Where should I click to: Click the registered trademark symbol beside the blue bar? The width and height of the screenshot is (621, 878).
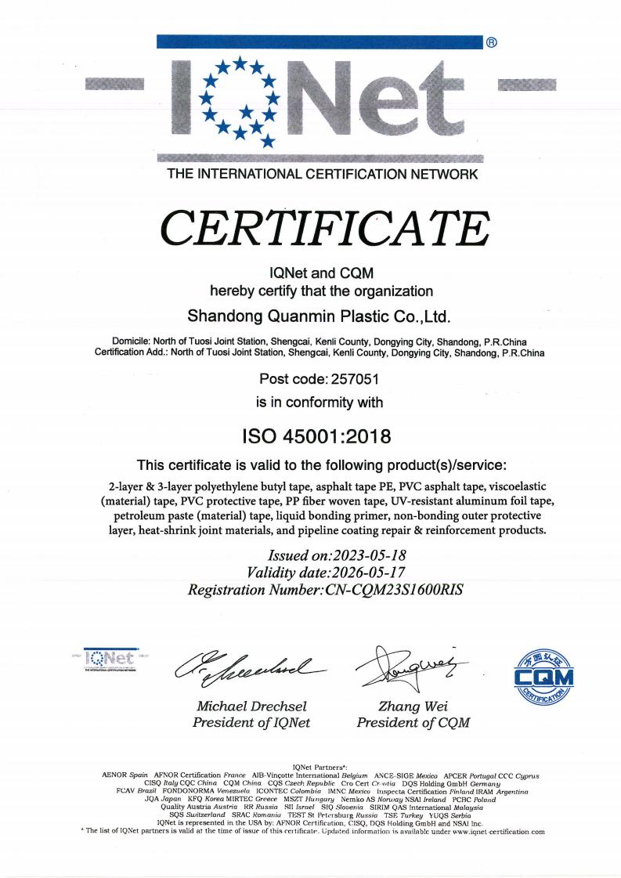pos(491,42)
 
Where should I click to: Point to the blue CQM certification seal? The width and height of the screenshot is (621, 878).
pos(543,673)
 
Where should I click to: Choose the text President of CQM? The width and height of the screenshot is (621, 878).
pos(413,722)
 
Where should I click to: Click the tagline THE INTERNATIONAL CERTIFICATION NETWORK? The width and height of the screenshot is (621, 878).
pos(322,175)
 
